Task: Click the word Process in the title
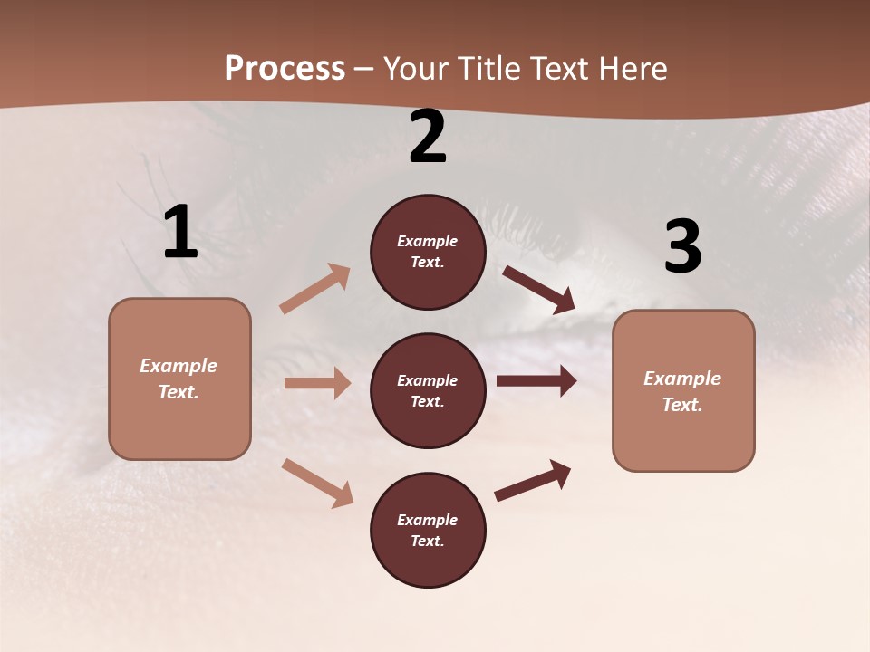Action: (285, 69)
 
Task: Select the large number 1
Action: (180, 233)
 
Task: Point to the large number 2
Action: (428, 138)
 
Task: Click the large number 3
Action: (682, 247)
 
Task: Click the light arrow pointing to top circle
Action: (315, 289)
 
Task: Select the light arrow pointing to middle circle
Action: (317, 383)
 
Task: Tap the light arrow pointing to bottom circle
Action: (317, 482)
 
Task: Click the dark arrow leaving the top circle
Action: (539, 290)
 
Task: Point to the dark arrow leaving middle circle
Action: (536, 381)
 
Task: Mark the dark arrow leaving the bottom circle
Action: (533, 481)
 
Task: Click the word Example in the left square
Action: (179, 366)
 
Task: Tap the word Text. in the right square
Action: (682, 405)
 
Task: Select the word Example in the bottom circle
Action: (428, 520)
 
